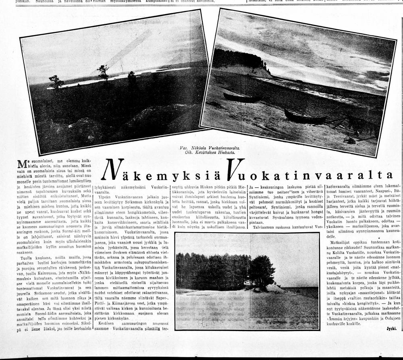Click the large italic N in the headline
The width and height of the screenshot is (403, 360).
coord(110,170)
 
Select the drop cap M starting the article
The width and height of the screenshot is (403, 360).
coord(22,164)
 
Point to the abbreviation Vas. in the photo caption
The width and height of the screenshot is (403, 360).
coord(185,148)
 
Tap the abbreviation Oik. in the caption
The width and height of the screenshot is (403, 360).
coord(185,152)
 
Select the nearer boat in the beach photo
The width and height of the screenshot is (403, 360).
coord(305,118)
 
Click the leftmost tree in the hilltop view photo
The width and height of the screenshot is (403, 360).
coord(56,82)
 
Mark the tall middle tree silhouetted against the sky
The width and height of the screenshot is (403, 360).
coord(104,72)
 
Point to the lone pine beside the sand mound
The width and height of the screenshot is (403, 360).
coord(262,270)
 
